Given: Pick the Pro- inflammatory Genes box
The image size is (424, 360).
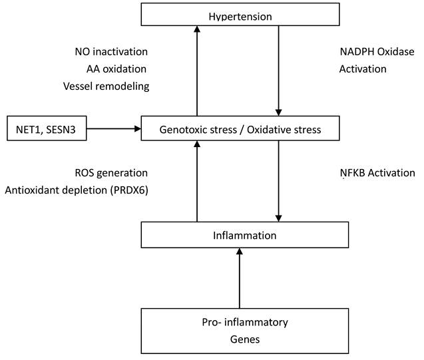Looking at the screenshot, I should tap(244, 330).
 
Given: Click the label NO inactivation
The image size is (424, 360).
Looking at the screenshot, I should tap(111, 51).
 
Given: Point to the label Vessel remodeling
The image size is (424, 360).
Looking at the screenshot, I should tap(106, 86).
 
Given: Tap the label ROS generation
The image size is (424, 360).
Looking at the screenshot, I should tap(111, 173).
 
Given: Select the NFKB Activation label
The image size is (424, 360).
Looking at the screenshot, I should tap(377, 173).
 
